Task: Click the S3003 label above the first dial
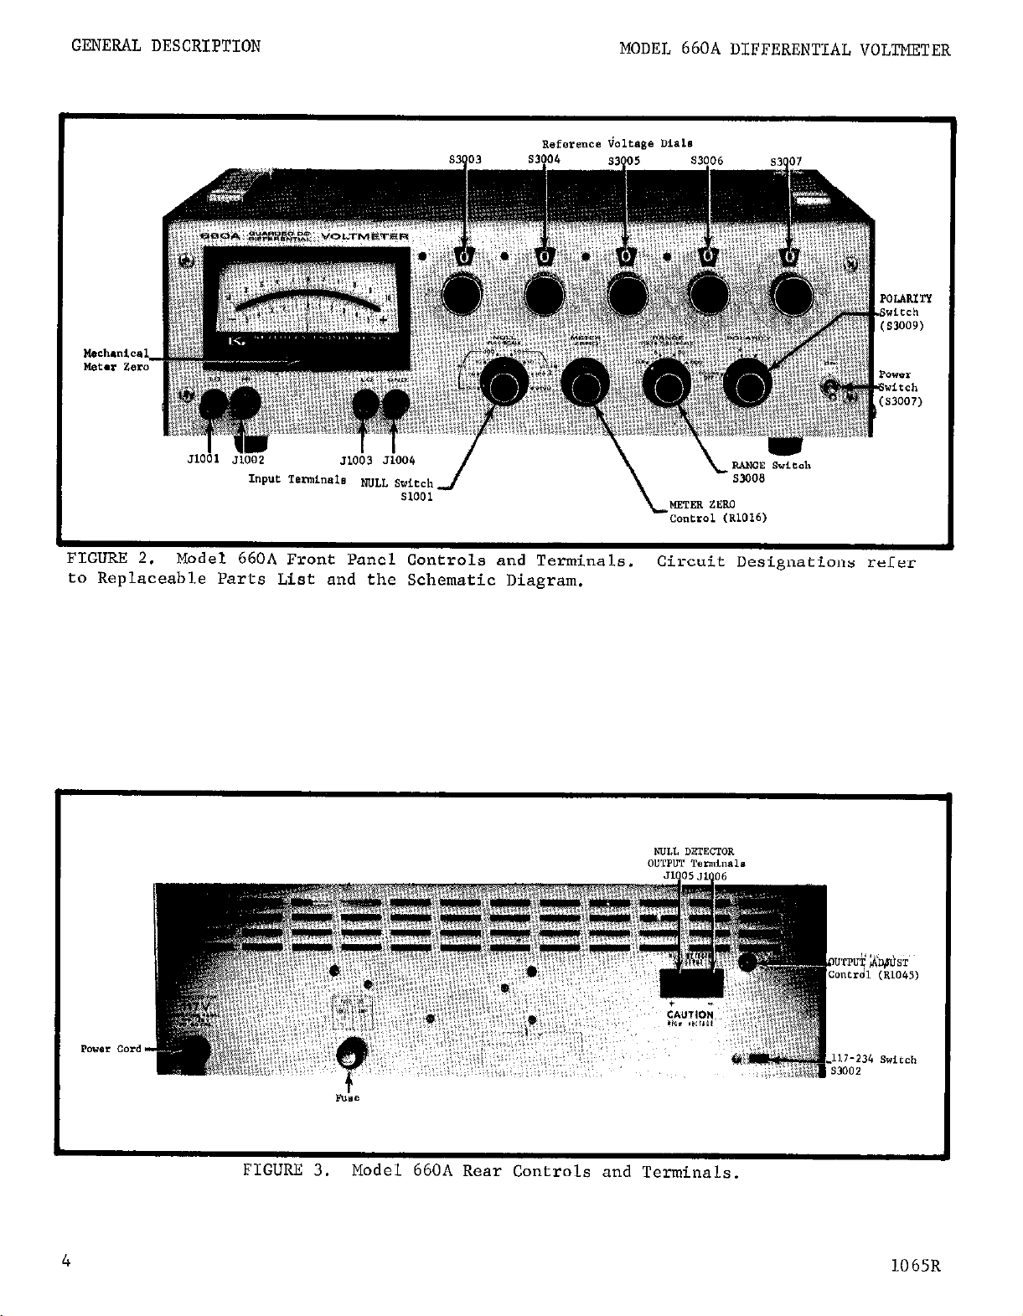point(464,160)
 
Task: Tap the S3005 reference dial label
point(623,161)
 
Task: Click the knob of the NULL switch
point(505,386)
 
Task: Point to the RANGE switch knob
point(668,386)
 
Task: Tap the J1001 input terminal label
point(203,459)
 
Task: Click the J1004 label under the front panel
point(399,460)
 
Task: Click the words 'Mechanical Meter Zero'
point(116,359)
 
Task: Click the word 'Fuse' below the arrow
point(348,1097)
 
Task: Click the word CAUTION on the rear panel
point(690,1014)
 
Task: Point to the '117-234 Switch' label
point(871,1060)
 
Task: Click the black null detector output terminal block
point(691,982)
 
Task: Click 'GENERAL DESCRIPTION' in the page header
point(166,46)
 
